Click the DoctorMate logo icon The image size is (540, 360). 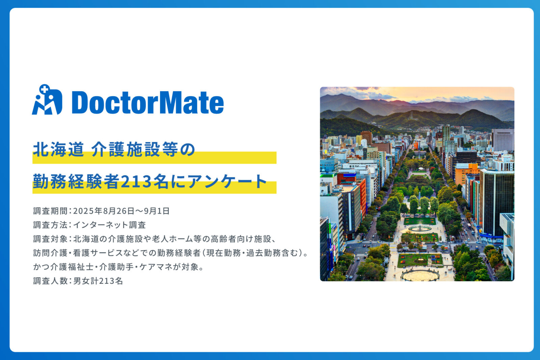(47, 100)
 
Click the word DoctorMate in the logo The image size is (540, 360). (148, 102)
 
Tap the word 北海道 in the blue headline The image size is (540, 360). (59, 149)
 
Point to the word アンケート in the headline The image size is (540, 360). (227, 182)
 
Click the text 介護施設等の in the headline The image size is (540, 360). (143, 149)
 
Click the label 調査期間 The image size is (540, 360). (50, 211)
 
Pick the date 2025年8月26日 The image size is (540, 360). (104, 211)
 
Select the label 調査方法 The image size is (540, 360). (50, 225)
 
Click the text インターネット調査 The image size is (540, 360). (109, 225)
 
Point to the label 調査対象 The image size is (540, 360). (50, 239)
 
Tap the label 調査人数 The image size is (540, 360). (50, 281)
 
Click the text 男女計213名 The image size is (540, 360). (98, 281)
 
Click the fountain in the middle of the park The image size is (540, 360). (420, 227)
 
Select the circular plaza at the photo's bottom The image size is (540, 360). (420, 275)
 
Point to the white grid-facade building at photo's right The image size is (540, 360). (503, 140)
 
